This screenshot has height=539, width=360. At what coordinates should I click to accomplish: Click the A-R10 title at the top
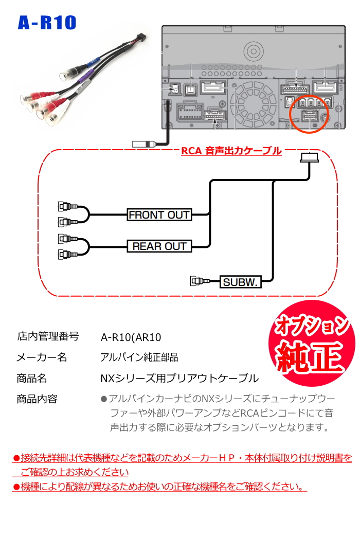tap(47, 23)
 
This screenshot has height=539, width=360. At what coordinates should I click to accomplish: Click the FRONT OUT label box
tap(159, 215)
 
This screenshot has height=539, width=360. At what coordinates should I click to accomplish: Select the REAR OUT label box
tap(159, 246)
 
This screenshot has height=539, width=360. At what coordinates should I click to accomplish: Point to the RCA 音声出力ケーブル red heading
tap(231, 151)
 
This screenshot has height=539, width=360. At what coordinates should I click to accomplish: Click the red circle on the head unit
tap(309, 114)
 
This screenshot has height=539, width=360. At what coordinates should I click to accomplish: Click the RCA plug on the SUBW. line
tap(199, 281)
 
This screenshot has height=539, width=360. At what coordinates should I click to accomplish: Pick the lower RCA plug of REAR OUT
tap(66, 254)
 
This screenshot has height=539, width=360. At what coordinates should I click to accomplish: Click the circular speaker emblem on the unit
tap(254, 51)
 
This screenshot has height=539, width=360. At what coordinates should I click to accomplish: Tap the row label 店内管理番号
tap(48, 337)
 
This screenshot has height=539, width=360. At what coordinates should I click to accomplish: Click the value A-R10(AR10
tap(131, 337)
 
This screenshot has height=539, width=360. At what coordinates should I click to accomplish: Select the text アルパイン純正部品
tap(139, 357)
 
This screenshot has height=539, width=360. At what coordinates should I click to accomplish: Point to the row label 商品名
tap(32, 379)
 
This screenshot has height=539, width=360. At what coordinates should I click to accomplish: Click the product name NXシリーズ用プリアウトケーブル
tap(179, 379)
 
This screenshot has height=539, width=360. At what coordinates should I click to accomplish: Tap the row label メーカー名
tap(42, 357)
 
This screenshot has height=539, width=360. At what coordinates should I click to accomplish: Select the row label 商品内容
tap(37, 399)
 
